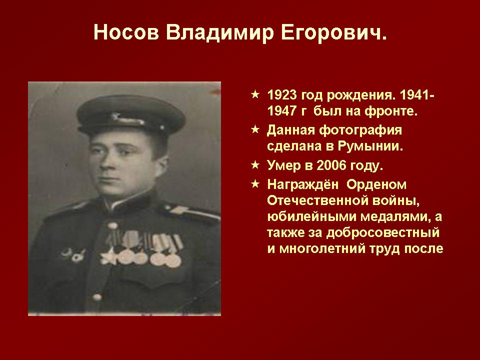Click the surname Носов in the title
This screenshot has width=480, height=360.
[126, 32]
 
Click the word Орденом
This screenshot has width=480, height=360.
[376, 185]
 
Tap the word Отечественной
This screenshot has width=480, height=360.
[317, 201]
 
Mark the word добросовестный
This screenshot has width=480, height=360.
[382, 233]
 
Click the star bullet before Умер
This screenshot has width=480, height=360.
[255, 165]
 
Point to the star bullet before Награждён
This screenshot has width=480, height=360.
[255, 184]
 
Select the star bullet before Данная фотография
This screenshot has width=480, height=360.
[255, 129]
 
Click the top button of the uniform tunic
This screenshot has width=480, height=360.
[112, 226]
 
